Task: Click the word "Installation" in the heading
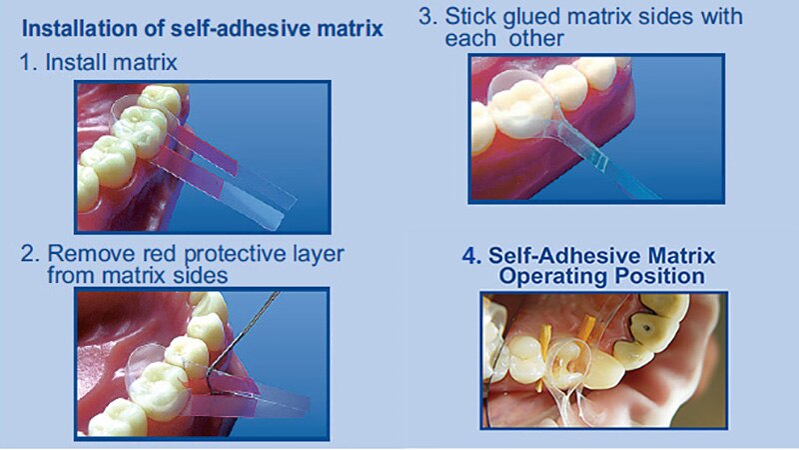click(x=76, y=28)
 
